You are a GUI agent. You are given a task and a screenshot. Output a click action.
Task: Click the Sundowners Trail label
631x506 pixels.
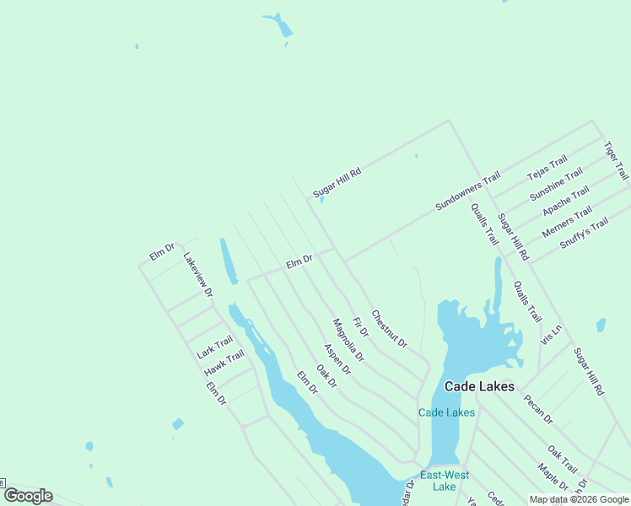467,191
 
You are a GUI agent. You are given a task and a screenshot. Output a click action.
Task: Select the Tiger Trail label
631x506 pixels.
616,160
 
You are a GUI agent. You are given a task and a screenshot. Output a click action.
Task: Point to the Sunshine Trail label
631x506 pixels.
556,185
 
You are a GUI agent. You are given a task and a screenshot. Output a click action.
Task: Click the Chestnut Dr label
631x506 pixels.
389,329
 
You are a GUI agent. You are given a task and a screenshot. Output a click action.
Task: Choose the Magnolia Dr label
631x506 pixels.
348,340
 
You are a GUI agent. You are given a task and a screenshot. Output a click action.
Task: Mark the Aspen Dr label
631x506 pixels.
337,359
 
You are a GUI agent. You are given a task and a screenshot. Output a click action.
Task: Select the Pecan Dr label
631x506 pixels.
537,408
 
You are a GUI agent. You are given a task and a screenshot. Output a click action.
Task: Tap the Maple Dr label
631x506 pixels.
553,476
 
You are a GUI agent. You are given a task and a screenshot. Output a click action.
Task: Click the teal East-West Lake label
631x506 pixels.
444,481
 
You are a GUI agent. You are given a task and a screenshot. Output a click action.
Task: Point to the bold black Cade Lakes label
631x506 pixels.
479,386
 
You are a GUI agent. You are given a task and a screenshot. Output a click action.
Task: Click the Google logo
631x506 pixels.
28,496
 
